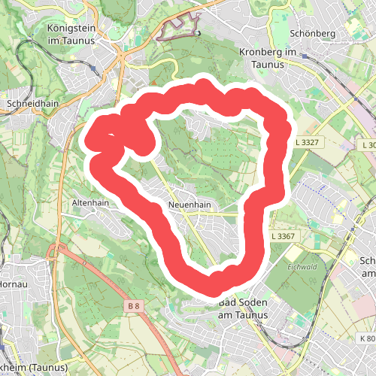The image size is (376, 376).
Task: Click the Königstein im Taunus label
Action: point(71,35)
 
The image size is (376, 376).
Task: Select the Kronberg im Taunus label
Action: point(268,59)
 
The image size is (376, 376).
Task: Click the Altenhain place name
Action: point(90,203)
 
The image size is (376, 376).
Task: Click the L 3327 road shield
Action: point(308,142)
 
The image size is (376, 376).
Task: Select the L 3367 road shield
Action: point(285,236)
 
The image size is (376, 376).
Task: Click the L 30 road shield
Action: point(368,144)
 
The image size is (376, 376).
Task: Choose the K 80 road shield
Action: point(367,338)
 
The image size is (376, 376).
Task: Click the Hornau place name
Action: point(14,265)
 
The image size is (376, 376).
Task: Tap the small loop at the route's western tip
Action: point(105,139)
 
